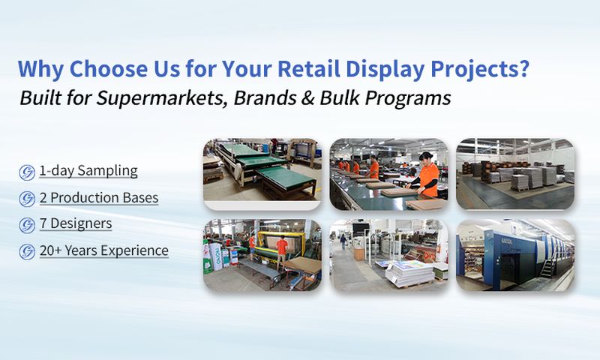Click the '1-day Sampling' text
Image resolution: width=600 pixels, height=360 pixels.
pyautogui.click(x=88, y=171)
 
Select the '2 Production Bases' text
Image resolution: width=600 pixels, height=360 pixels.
pyautogui.click(x=98, y=198)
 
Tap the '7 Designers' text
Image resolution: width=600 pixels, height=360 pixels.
pyautogui.click(x=76, y=224)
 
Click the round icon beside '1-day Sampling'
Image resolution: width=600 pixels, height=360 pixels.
pyautogui.click(x=27, y=172)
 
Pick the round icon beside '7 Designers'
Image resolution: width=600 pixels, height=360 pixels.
pyautogui.click(x=27, y=225)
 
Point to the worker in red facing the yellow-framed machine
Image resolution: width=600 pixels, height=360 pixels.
pyautogui.click(x=282, y=247)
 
